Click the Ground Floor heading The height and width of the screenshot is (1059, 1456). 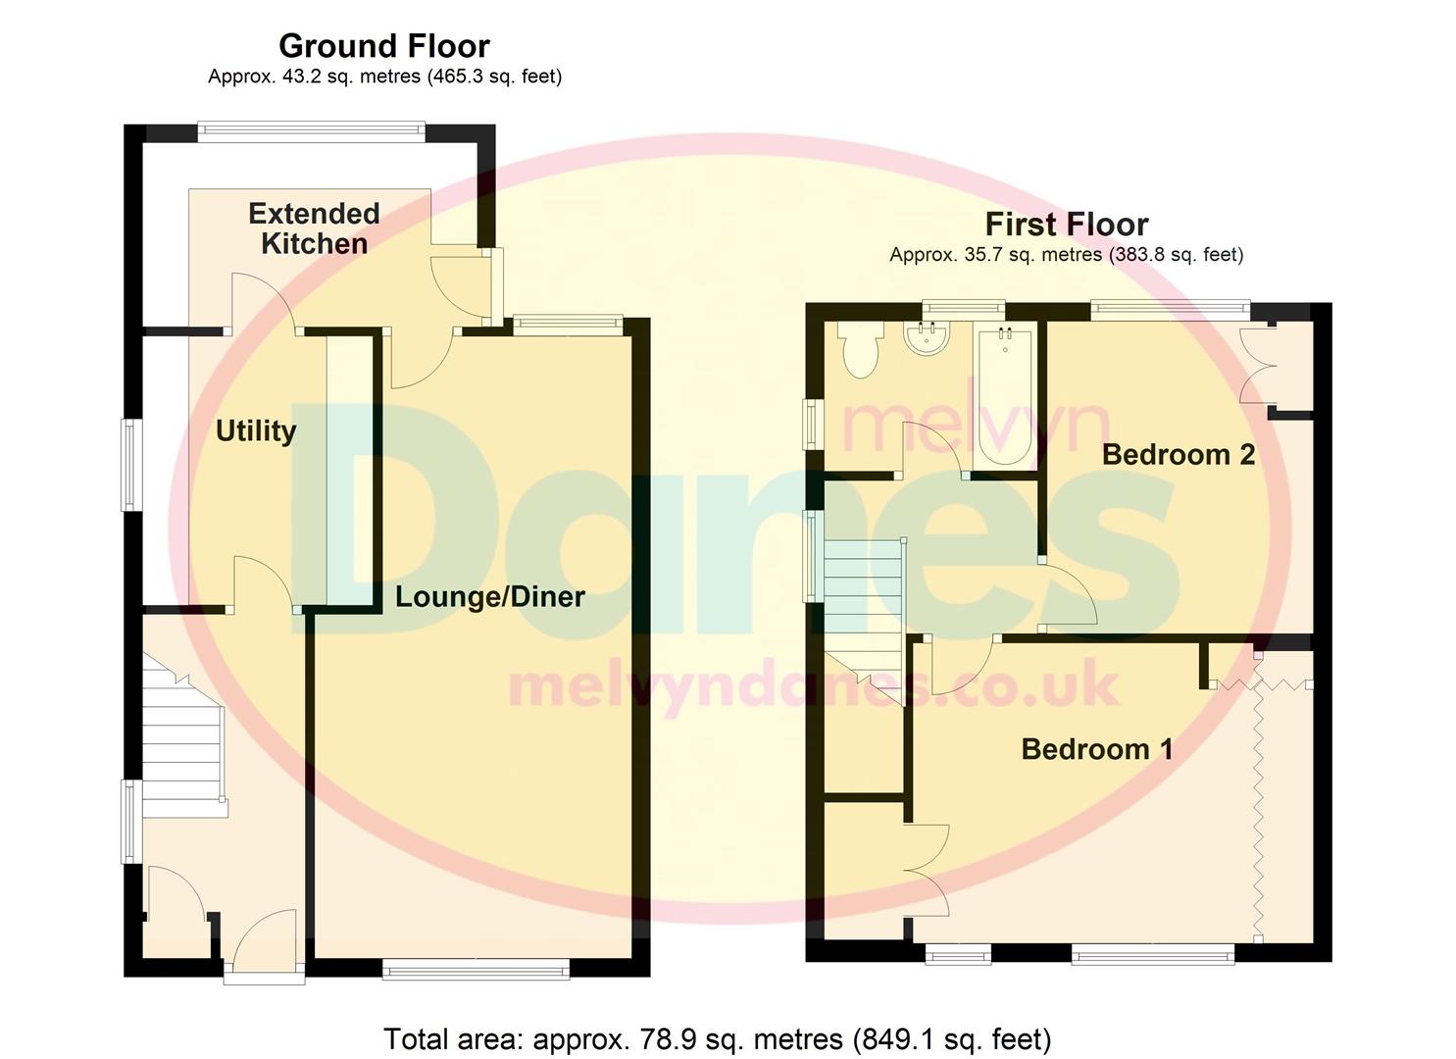pos(384,46)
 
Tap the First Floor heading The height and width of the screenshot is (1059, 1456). pos(1066,225)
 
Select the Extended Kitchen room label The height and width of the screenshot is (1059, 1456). pos(314,228)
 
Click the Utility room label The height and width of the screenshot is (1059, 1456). pos(256,430)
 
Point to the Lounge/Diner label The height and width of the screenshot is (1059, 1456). pos(489,596)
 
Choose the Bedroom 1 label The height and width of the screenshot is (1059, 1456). pos(1096,749)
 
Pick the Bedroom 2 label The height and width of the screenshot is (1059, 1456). pos(1178,454)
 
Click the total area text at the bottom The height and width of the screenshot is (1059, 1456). pos(717,1038)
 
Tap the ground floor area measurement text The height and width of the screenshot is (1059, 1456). pos(384,76)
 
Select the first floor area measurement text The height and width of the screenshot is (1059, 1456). pos(1066,255)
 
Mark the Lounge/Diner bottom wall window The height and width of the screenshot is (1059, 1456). pos(476,970)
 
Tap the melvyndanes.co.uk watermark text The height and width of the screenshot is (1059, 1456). pos(814,685)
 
